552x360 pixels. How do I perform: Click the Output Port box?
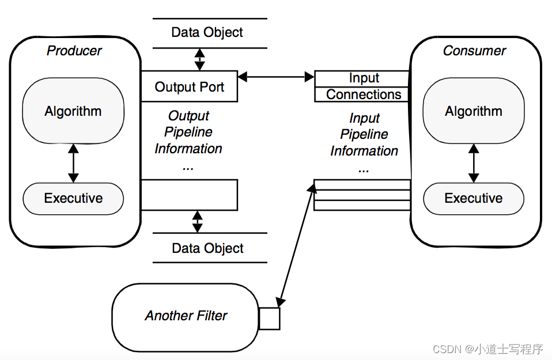(x=190, y=86)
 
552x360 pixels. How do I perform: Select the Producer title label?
(x=74, y=51)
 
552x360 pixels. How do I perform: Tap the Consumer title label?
(x=474, y=51)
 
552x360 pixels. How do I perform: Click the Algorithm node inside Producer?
(x=73, y=111)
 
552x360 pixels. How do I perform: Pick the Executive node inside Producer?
(x=73, y=199)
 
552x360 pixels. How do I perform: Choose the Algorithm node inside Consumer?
(x=474, y=111)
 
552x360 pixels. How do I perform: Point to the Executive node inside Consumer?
(x=474, y=199)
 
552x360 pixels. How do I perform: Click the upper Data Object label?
(x=207, y=32)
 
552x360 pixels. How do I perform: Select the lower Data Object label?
(x=207, y=248)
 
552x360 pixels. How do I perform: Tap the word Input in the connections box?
(x=364, y=78)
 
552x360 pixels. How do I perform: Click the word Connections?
(x=364, y=94)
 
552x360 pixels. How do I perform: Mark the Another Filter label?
(x=186, y=316)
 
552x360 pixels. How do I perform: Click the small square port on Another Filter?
(x=269, y=319)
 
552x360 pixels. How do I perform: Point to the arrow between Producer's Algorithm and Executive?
(x=73, y=163)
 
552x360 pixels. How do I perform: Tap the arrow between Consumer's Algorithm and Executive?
(x=474, y=163)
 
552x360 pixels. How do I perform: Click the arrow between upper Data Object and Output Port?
(x=199, y=59)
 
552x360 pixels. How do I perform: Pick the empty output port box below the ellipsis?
(x=190, y=195)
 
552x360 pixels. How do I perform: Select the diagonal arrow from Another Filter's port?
(x=296, y=245)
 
